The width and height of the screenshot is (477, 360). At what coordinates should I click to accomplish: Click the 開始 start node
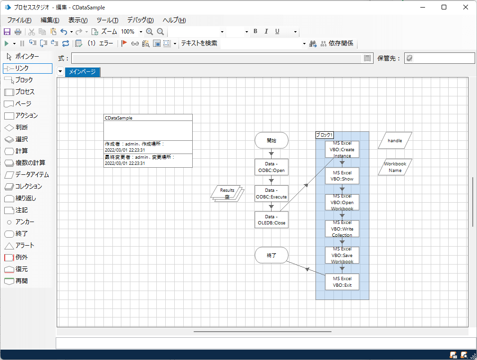[x=271, y=140]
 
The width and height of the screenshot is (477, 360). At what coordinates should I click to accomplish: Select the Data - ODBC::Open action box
[x=271, y=167]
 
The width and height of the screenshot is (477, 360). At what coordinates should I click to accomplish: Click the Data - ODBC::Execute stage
[x=271, y=194]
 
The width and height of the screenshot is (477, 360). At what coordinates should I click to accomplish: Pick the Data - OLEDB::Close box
[x=271, y=220]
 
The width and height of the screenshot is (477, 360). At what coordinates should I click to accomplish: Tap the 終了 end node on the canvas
[x=271, y=255]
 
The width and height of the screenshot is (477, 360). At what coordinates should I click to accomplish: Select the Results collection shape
[x=227, y=193]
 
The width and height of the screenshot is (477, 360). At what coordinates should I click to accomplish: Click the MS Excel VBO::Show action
[x=342, y=176]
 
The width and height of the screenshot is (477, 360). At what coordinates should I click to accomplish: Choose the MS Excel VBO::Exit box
[x=342, y=282]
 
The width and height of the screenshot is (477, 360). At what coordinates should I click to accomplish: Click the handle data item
[x=395, y=140]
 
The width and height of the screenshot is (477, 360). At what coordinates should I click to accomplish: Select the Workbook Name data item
[x=395, y=167]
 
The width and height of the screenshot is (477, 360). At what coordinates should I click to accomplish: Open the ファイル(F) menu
[x=19, y=20]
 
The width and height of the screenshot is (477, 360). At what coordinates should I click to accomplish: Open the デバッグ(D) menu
[x=140, y=20]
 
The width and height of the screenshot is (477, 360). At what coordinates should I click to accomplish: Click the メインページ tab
[x=82, y=72]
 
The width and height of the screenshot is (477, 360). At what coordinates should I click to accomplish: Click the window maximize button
[x=444, y=7]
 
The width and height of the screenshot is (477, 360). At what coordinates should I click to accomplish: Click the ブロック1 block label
[x=324, y=135]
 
